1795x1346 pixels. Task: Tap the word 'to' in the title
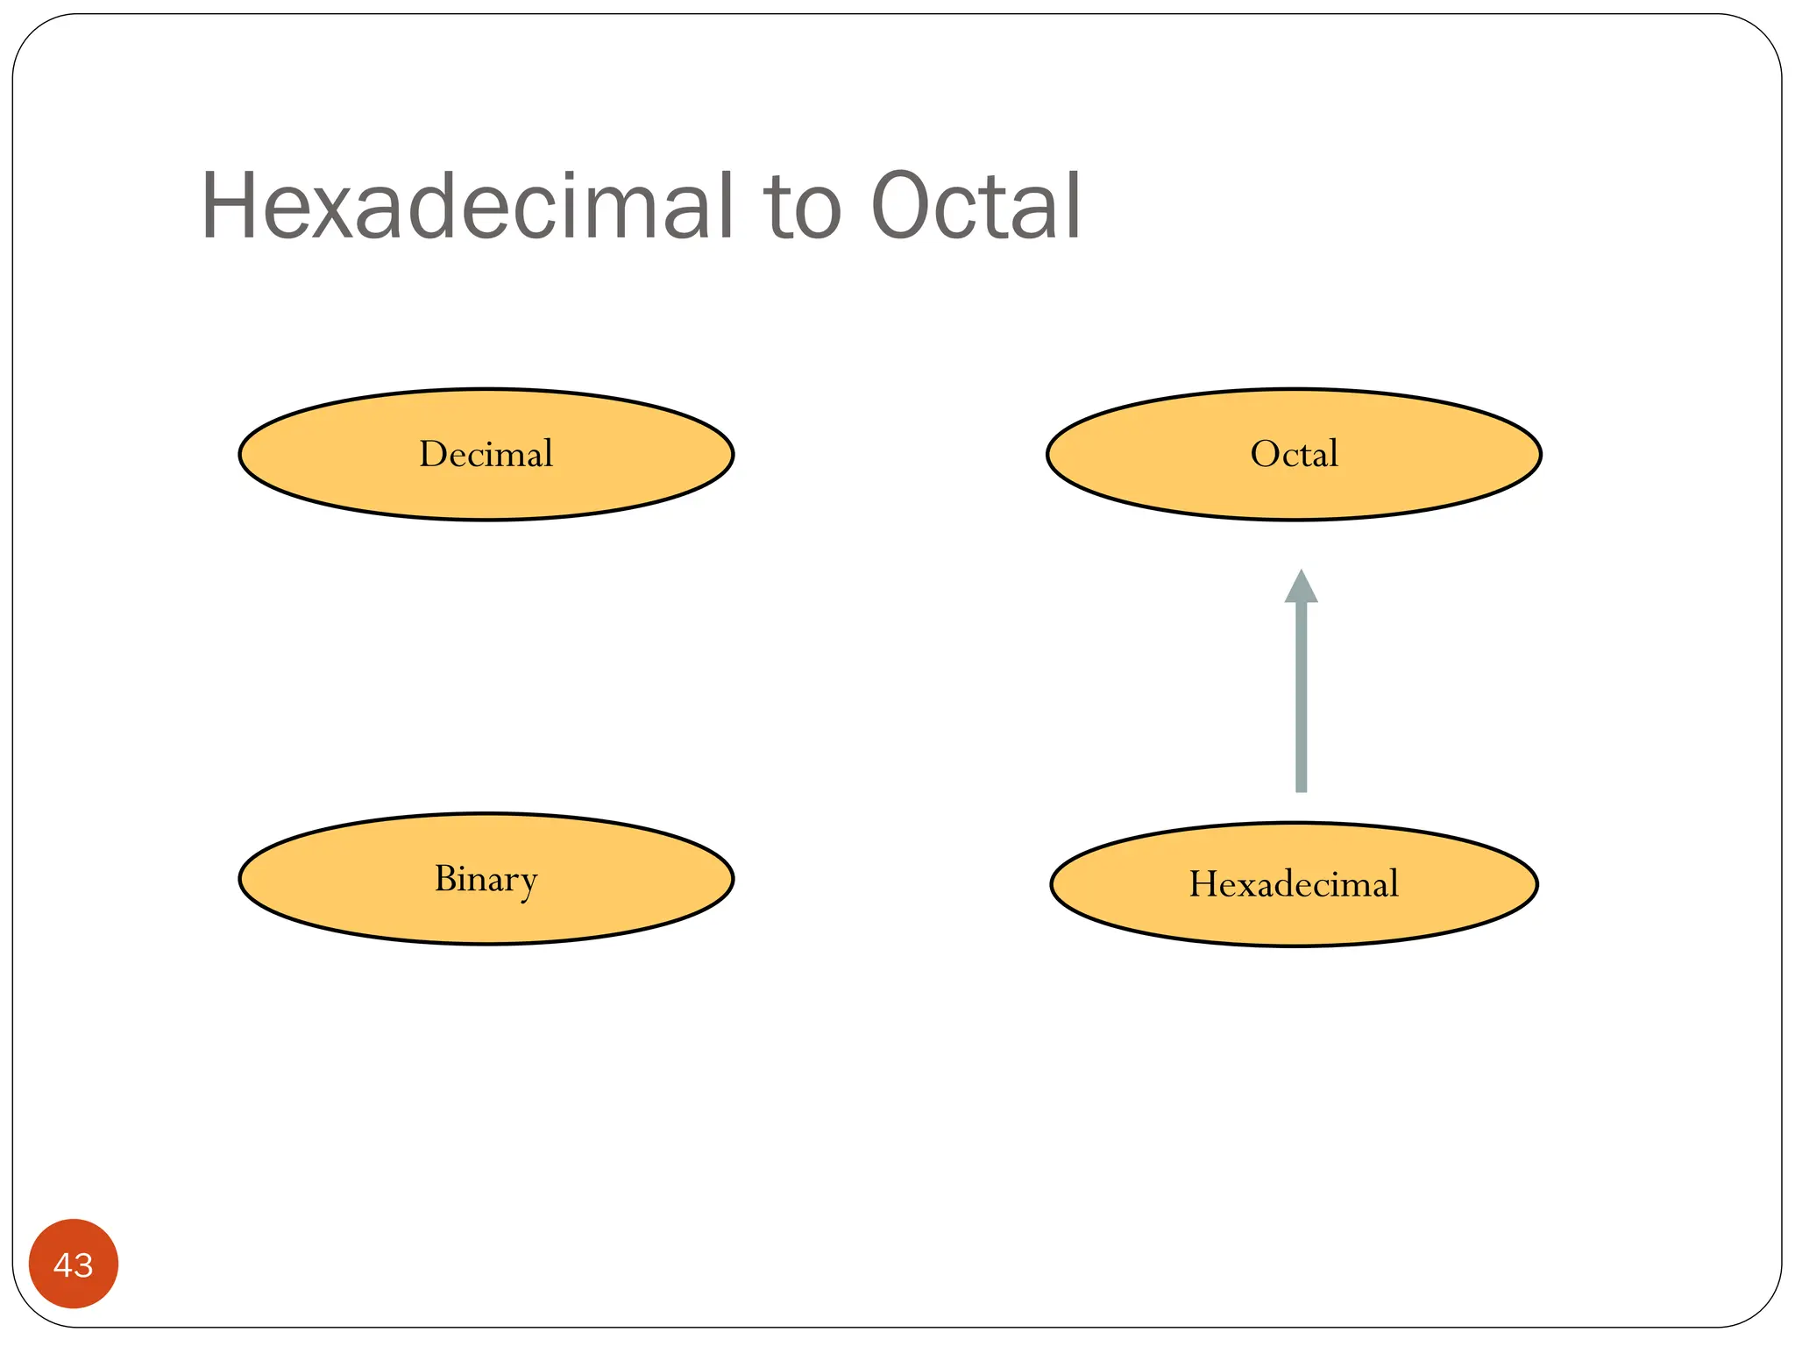click(x=802, y=209)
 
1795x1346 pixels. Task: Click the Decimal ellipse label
click(x=486, y=454)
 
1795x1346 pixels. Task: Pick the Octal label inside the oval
click(x=1294, y=454)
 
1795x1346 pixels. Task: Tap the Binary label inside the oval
click(x=486, y=879)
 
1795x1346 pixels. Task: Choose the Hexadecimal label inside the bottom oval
click(x=1294, y=883)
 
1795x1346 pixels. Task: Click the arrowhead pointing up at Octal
click(x=1302, y=587)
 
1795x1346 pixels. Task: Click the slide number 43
click(x=74, y=1265)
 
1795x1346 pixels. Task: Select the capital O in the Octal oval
click(x=1264, y=454)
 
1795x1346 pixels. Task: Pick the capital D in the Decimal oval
click(x=434, y=454)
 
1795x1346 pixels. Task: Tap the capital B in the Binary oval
click(x=446, y=878)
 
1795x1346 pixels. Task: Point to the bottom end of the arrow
click(x=1302, y=789)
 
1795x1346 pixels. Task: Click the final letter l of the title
click(x=1072, y=207)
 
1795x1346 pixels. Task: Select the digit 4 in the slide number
click(x=63, y=1265)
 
